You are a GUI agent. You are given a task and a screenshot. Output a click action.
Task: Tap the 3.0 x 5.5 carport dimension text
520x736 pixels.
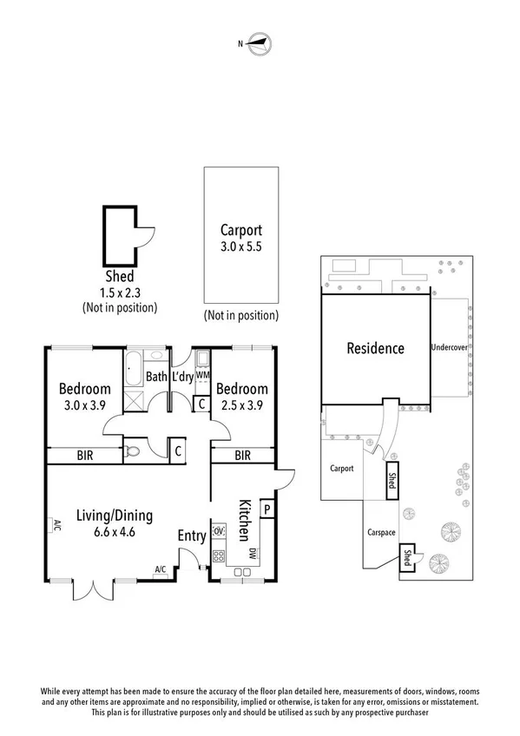(240, 247)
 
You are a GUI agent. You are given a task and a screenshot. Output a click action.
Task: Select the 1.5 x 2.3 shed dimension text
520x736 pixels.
(119, 292)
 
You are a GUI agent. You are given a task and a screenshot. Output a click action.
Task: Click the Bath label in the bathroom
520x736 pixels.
(156, 377)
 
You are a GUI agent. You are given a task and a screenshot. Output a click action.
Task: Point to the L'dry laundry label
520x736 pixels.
(182, 377)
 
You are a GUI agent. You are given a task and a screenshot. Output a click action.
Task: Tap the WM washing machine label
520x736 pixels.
(202, 375)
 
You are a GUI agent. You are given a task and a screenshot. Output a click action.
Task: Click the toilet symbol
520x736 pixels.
(132, 451)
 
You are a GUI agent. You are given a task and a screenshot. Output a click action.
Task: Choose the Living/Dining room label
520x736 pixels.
(114, 515)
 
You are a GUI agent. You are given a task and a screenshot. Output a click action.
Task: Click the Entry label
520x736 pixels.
(191, 536)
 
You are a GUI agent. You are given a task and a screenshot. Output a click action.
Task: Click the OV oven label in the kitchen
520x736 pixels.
(219, 530)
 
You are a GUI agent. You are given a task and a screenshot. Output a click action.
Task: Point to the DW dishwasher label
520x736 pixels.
(251, 554)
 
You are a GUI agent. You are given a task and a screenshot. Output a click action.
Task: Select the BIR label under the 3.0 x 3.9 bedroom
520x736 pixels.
(85, 455)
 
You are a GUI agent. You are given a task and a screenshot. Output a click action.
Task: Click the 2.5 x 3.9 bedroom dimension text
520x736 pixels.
(242, 404)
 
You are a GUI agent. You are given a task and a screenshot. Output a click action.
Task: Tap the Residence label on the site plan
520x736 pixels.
(375, 349)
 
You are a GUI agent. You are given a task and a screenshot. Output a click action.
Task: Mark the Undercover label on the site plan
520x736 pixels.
(450, 348)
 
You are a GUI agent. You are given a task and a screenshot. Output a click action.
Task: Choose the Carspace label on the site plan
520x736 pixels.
(381, 533)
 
